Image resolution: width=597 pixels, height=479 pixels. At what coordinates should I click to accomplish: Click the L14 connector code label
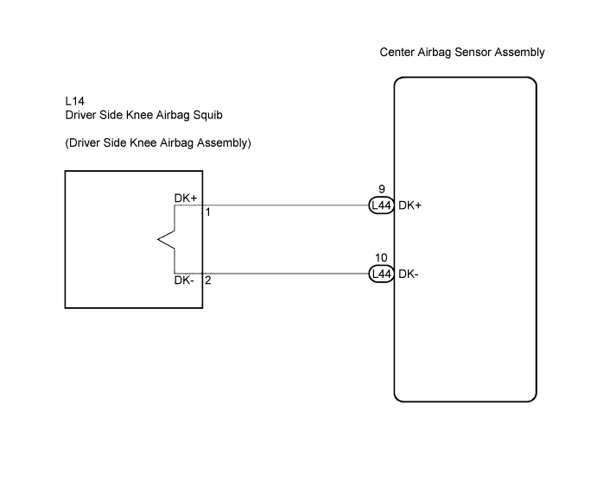[74, 101]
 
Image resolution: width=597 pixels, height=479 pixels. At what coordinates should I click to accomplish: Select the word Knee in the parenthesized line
[143, 143]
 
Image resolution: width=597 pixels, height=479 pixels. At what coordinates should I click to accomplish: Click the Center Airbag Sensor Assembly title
[462, 53]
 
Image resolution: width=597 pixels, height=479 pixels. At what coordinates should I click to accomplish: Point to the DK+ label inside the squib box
[186, 199]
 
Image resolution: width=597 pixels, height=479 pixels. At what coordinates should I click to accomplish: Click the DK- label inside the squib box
[184, 280]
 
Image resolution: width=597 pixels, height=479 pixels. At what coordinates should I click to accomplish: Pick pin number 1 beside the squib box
[208, 212]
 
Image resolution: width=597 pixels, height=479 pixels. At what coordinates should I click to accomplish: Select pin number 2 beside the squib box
[208, 280]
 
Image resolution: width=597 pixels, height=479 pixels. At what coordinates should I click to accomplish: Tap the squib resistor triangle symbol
[167, 240]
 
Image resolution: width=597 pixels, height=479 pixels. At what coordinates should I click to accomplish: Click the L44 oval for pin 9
[381, 205]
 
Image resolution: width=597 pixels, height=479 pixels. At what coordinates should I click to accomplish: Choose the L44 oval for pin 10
[381, 274]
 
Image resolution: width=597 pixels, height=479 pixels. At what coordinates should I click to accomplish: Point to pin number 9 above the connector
[382, 189]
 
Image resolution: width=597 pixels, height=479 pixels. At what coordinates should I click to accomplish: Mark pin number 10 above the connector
[381, 258]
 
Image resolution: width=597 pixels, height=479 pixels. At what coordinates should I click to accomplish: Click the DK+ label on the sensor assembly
[410, 205]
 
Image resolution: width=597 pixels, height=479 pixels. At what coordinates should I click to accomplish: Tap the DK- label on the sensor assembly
[409, 274]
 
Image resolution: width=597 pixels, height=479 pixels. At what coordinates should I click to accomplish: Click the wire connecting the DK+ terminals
[286, 205]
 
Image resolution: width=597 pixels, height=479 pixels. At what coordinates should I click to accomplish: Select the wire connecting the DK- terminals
[286, 274]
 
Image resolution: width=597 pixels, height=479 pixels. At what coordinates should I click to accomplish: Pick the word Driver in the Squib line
[80, 116]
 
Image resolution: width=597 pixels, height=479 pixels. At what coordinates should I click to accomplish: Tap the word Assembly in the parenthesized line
[224, 143]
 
